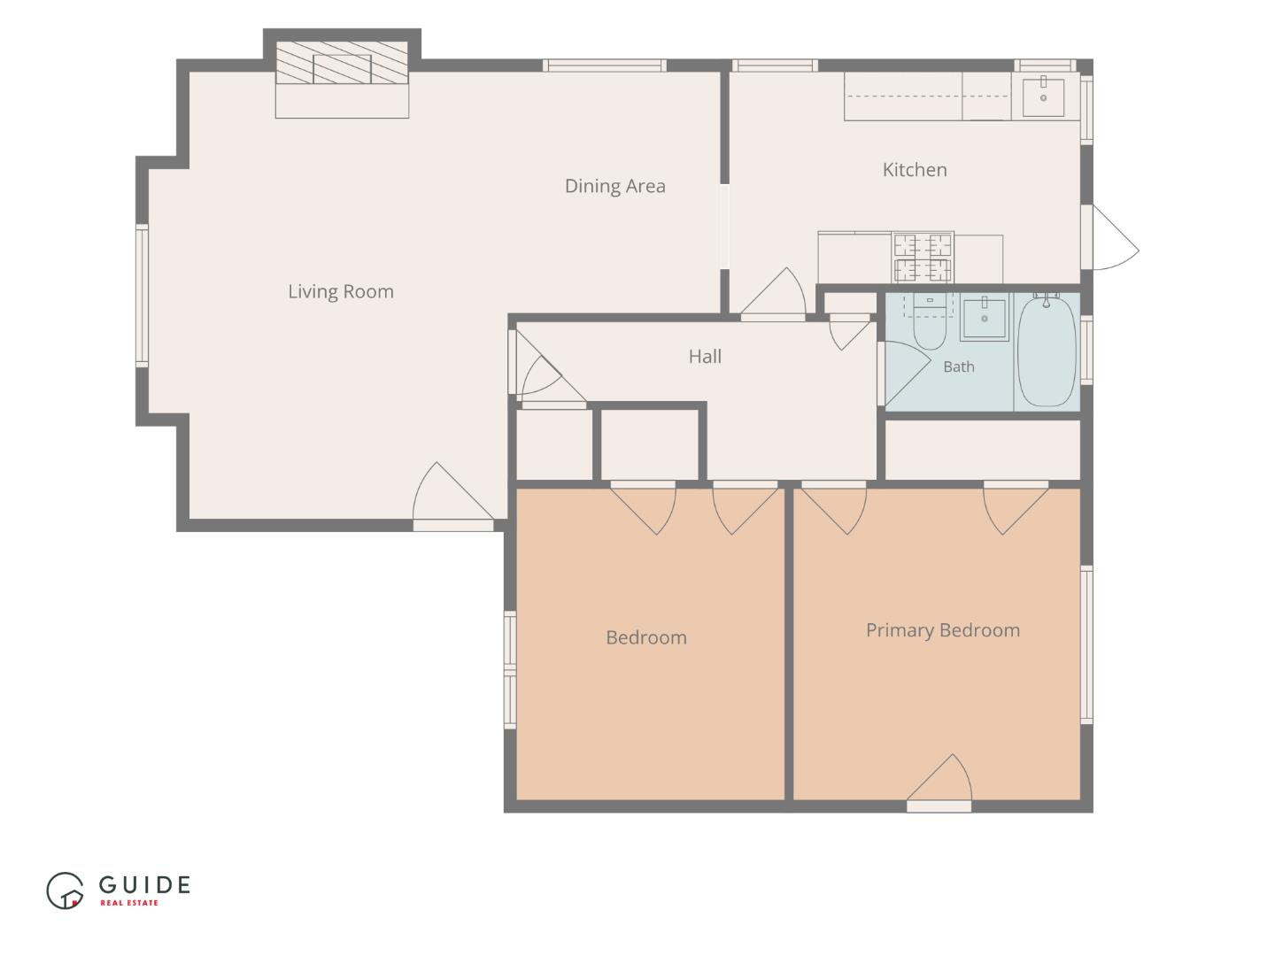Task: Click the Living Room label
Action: coord(341,291)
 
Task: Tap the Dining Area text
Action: coord(615,186)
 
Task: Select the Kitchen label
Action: coord(915,170)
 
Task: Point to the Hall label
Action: coord(705,357)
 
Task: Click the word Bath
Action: coord(959,366)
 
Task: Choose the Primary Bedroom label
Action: coord(943,631)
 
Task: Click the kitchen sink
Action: coord(1043,96)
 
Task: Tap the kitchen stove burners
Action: coord(923,257)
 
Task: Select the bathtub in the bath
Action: coord(1047,351)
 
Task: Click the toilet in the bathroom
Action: coord(930,322)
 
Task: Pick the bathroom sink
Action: coord(984,317)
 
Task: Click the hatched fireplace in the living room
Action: coord(342,63)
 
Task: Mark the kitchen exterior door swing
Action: coord(1116,237)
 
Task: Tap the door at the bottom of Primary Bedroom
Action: coord(939,778)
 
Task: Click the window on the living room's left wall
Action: coord(142,296)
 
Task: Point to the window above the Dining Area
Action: coord(605,65)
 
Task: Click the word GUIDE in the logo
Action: coord(144,884)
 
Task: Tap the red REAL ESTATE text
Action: coord(129,903)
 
